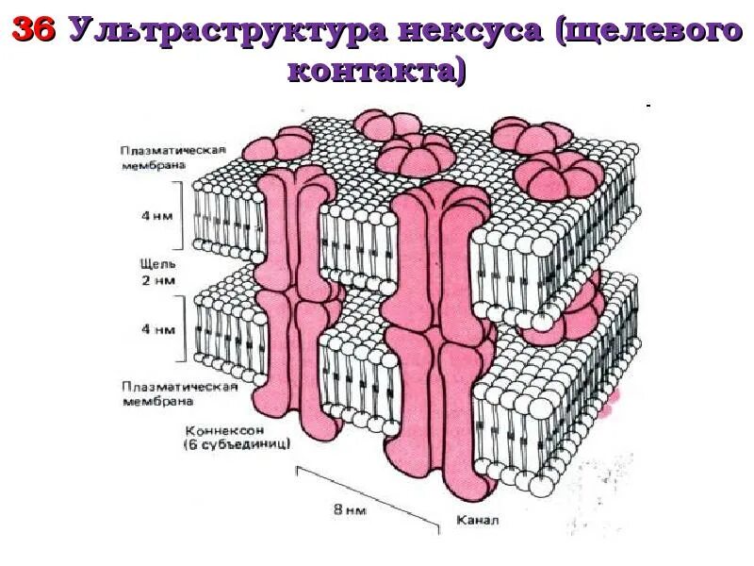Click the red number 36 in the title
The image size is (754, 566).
coord(34,31)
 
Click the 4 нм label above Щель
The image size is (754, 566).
coord(157,214)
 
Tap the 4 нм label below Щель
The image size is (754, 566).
coord(157,331)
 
